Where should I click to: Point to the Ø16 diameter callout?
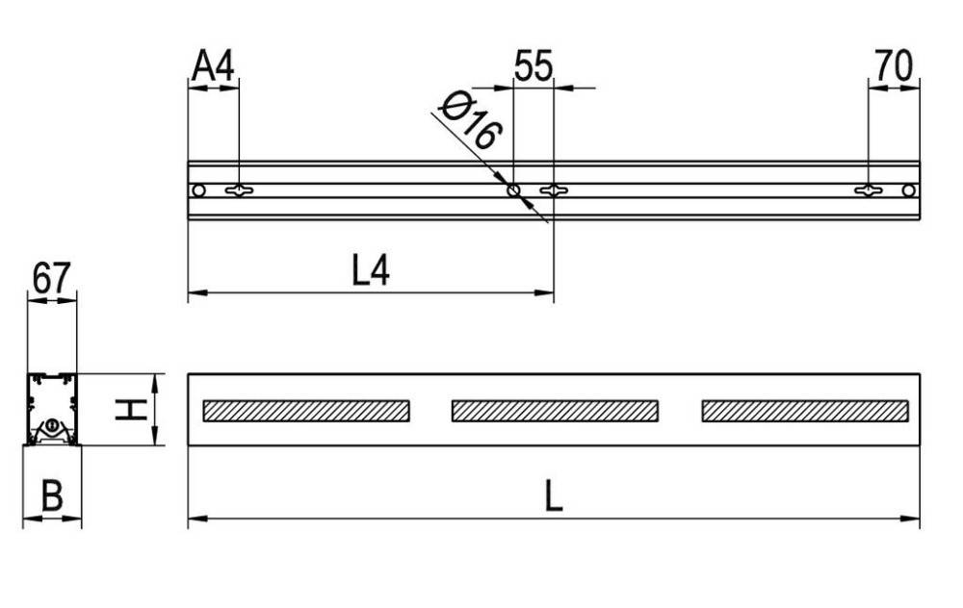pyautogui.click(x=471, y=121)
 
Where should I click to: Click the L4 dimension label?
pyautogui.click(x=370, y=271)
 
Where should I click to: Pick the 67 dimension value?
pyautogui.click(x=51, y=279)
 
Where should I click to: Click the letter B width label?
pyautogui.click(x=52, y=497)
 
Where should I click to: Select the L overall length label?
pyautogui.click(x=553, y=497)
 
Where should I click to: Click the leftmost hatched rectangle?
pyautogui.click(x=306, y=411)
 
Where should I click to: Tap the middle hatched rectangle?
pyautogui.click(x=556, y=411)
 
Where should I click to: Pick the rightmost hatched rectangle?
pyautogui.click(x=805, y=411)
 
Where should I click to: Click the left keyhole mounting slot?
pyautogui.click(x=238, y=190)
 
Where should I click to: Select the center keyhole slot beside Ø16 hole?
pyautogui.click(x=553, y=190)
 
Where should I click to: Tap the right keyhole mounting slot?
pyautogui.click(x=869, y=190)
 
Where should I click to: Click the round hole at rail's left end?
pyautogui.click(x=198, y=190)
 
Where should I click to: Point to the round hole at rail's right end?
pyautogui.click(x=908, y=190)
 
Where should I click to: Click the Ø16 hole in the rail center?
pyautogui.click(x=514, y=190)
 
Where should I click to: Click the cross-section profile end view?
pyautogui.click(x=52, y=409)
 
